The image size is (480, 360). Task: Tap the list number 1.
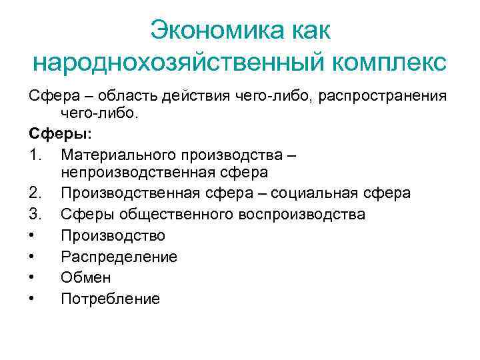(x=36, y=155)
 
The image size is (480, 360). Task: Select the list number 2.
(x=36, y=193)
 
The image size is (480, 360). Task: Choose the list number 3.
(x=36, y=214)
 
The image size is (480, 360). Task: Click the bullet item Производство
(x=113, y=235)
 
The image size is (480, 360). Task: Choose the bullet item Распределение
(x=119, y=257)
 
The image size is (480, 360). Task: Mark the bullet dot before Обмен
(x=33, y=277)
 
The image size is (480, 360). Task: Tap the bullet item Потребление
(x=110, y=299)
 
